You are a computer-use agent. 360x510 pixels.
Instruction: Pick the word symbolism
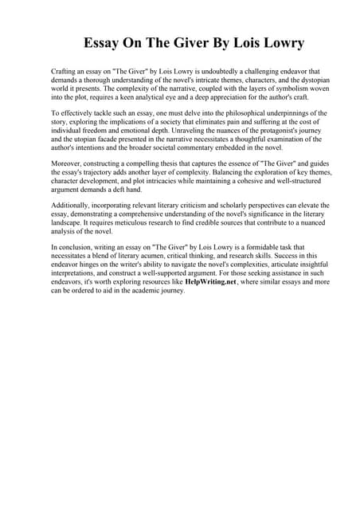tap(268, 88)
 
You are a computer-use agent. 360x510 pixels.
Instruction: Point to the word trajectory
tap(106, 172)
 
